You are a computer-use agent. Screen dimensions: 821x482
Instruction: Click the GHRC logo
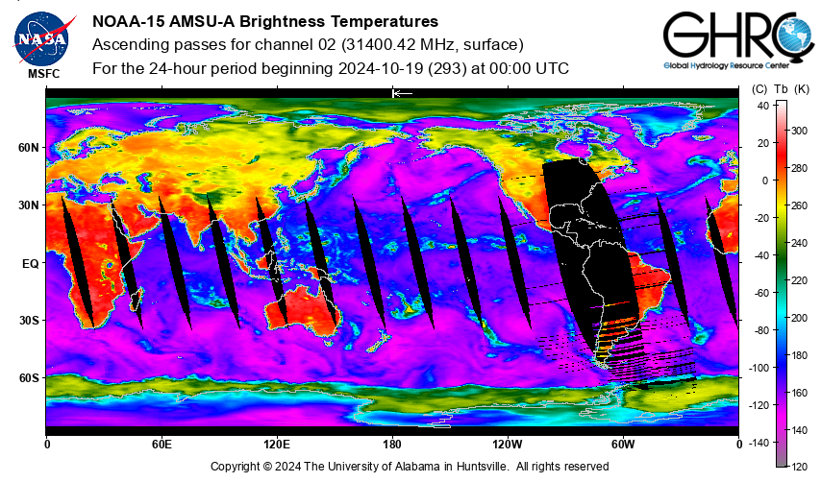(x=738, y=39)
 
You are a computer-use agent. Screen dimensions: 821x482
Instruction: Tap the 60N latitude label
(x=29, y=148)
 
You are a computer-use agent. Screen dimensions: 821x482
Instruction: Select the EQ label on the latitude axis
(x=31, y=264)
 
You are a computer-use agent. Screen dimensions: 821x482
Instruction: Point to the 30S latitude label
(x=29, y=321)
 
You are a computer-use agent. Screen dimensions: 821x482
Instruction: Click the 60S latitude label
(x=29, y=378)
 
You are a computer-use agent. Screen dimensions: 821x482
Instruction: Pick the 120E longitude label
(x=277, y=445)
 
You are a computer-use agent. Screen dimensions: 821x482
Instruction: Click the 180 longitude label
(x=392, y=445)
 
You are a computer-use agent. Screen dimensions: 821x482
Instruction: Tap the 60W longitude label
(x=623, y=445)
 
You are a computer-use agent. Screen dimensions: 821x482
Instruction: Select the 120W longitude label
(x=508, y=445)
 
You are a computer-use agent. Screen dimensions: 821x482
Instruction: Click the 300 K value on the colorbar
(x=799, y=131)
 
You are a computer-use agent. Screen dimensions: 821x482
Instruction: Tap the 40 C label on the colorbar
(x=763, y=106)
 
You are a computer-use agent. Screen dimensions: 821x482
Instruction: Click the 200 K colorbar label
(x=799, y=318)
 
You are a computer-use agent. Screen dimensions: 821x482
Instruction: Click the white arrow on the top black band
(x=402, y=93)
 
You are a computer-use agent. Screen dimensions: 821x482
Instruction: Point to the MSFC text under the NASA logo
(x=44, y=74)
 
